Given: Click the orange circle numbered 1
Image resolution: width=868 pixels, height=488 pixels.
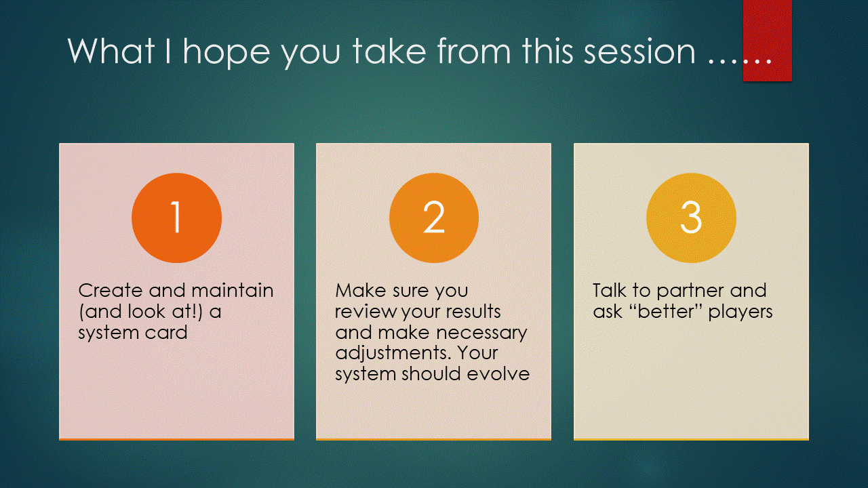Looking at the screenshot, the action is (x=177, y=218).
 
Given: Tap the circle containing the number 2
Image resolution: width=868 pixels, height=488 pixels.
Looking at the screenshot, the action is (x=434, y=218).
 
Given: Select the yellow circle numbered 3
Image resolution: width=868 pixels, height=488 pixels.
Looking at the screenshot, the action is (x=691, y=218).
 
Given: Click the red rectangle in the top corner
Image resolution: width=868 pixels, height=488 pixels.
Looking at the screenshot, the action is (x=768, y=41).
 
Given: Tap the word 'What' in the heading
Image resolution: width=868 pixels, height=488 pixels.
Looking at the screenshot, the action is (x=111, y=51).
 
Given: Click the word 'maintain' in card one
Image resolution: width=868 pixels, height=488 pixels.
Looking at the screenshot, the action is (x=232, y=291).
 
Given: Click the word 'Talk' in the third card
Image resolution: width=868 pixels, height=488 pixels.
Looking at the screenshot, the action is (x=609, y=291).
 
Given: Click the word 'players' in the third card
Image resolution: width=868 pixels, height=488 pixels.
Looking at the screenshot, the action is (x=741, y=313).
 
